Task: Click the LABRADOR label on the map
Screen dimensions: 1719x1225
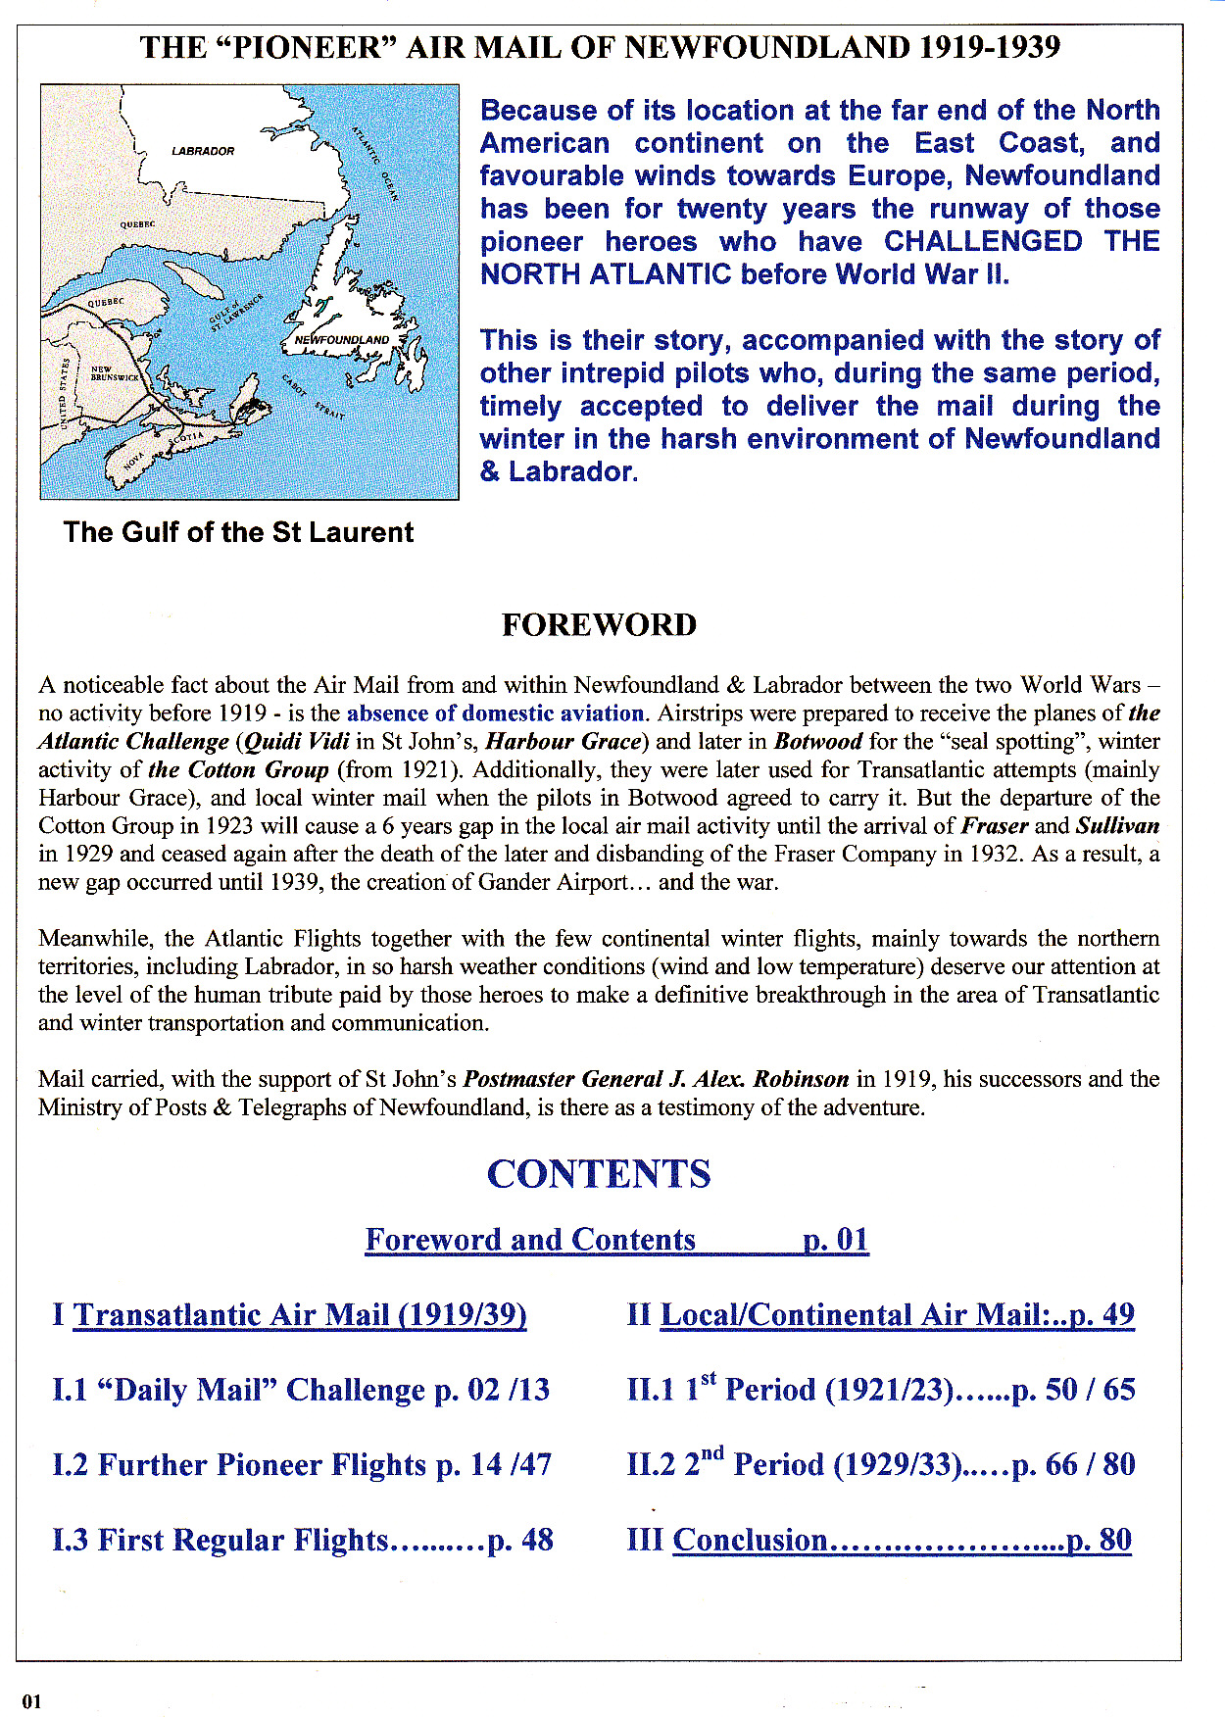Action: point(203,151)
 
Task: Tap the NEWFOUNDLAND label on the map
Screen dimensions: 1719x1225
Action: point(342,340)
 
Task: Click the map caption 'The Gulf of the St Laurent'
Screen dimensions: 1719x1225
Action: point(238,532)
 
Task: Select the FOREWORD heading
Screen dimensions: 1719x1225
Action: point(599,625)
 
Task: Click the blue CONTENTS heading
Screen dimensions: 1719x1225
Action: point(599,1174)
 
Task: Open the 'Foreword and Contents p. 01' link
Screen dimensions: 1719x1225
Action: point(616,1240)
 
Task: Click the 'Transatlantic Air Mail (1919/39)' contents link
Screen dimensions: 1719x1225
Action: point(300,1314)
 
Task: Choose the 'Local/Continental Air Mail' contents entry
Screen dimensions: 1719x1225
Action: point(897,1314)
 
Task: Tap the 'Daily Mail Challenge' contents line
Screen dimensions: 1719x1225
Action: point(301,1390)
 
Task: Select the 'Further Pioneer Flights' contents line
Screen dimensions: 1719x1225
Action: point(302,1465)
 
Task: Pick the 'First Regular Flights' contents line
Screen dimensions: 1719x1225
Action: point(303,1540)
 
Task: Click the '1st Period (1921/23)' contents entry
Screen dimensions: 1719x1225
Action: point(880,1390)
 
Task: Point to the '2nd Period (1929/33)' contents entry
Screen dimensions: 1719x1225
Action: point(880,1465)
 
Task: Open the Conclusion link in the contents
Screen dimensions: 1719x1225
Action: point(902,1540)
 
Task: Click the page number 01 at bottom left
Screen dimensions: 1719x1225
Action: point(32,1701)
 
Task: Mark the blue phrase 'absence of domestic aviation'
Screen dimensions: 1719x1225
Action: point(495,712)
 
